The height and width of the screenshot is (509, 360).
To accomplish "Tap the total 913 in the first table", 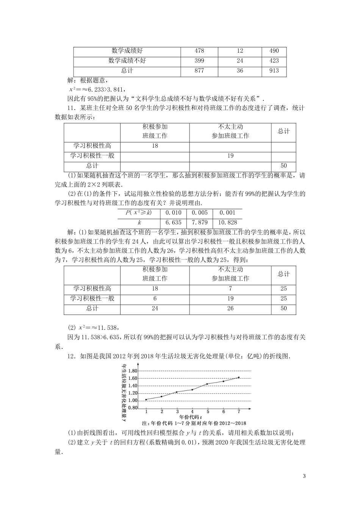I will [274, 70].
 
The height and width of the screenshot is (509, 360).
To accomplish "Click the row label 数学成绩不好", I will [127, 61].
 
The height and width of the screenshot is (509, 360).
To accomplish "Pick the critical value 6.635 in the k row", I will [174, 223].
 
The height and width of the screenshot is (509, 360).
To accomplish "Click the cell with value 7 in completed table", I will [230, 289].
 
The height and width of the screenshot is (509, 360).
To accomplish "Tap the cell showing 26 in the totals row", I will [230, 308].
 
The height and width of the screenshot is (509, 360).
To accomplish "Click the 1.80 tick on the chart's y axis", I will [132, 371].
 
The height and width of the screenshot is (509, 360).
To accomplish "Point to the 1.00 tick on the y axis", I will [132, 400].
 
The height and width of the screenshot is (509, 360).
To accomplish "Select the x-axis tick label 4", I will [192, 412].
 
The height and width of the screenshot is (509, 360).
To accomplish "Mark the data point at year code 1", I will [146, 399].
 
